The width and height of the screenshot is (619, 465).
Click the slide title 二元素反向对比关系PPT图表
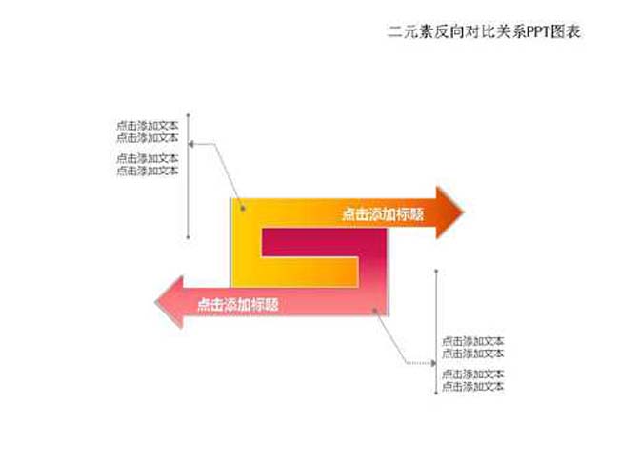(x=484, y=32)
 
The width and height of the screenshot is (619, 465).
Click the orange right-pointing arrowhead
(x=449, y=212)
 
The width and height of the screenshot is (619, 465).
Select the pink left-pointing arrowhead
(x=170, y=302)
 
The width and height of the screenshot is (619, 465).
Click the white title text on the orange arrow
(x=383, y=214)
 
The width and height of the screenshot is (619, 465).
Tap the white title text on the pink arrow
(x=238, y=305)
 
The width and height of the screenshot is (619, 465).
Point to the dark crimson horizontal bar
(x=324, y=242)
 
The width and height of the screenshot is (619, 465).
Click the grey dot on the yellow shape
(x=243, y=208)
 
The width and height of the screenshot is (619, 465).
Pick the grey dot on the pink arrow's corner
(x=374, y=311)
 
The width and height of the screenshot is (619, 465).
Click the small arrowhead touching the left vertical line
(x=191, y=144)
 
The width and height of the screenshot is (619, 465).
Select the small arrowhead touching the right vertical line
(x=433, y=363)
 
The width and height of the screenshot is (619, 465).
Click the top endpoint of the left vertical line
(x=189, y=115)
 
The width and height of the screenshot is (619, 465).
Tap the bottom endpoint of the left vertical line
(x=189, y=238)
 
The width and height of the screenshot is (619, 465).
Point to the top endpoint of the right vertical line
(x=436, y=271)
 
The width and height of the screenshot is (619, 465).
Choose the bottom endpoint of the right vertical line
(x=436, y=394)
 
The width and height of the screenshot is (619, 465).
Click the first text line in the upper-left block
(x=148, y=126)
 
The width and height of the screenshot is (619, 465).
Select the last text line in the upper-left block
(x=148, y=171)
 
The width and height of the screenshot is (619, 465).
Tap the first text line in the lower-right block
(x=473, y=340)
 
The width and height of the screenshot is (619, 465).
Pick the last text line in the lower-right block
(x=473, y=386)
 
